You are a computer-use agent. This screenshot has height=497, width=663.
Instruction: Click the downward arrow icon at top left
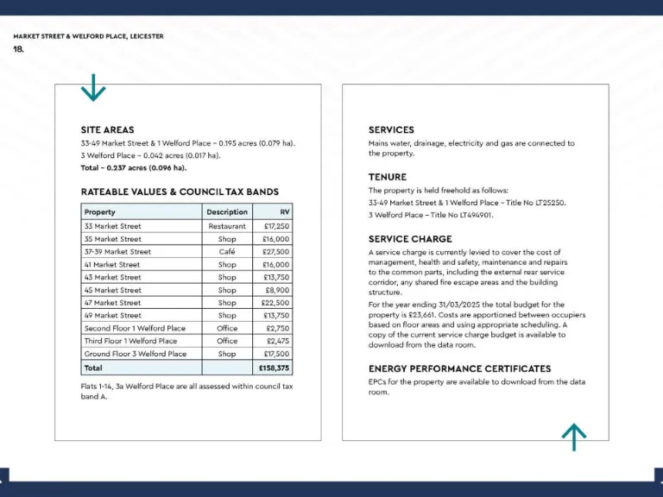[92, 87]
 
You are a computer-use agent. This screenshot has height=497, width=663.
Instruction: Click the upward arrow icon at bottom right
[574, 437]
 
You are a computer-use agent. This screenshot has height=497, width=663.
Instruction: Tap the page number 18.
[19, 49]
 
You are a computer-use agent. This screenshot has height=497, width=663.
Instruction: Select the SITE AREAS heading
[107, 129]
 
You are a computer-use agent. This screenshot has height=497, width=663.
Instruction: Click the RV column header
[284, 211]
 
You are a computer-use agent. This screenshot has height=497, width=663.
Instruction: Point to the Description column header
[227, 211]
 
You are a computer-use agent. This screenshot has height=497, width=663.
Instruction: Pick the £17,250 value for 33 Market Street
[276, 226]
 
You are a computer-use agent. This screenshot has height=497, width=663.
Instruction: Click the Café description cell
[227, 252]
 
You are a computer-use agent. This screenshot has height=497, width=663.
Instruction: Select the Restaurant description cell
[227, 226]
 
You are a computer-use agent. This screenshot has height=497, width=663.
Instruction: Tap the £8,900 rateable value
[277, 290]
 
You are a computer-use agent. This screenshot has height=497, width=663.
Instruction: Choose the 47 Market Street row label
[112, 303]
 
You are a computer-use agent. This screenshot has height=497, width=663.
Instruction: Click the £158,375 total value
[274, 368]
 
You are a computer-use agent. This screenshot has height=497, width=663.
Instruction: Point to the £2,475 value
[278, 341]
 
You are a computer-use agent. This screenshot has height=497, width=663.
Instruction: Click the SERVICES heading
[391, 129]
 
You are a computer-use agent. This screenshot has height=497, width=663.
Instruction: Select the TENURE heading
[388, 177]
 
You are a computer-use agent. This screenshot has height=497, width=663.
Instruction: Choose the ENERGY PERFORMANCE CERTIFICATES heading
[459, 368]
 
